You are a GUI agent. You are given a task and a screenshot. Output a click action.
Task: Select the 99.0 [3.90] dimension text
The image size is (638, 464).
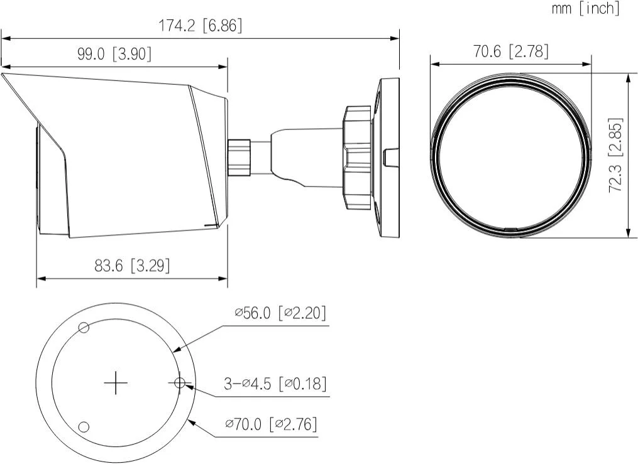pyautogui.click(x=114, y=55)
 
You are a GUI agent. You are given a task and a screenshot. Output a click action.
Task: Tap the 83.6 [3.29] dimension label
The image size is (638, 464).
pyautogui.click(x=132, y=266)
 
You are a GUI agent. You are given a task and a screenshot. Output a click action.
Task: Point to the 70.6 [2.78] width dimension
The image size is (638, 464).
pyautogui.click(x=510, y=51)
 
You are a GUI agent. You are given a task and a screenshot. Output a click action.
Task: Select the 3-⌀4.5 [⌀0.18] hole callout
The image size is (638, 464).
pyautogui.click(x=275, y=383)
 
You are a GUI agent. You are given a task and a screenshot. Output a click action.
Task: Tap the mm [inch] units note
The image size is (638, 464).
pyautogui.click(x=585, y=8)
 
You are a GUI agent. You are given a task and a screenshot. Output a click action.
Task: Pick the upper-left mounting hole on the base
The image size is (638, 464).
pyautogui.click(x=83, y=327)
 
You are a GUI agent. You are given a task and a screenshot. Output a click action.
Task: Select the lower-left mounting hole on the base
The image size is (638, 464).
pyautogui.click(x=83, y=427)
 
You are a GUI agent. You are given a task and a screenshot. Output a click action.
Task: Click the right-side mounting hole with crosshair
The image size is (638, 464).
pyautogui.click(x=179, y=382)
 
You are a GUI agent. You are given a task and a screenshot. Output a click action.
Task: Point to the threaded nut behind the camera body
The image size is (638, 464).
pyautogui.click(x=239, y=156)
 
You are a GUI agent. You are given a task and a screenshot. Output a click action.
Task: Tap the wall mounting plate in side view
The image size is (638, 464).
pyautogui.click(x=386, y=158)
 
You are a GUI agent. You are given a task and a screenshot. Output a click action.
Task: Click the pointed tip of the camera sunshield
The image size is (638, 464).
pyautogui.click(x=3, y=75)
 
